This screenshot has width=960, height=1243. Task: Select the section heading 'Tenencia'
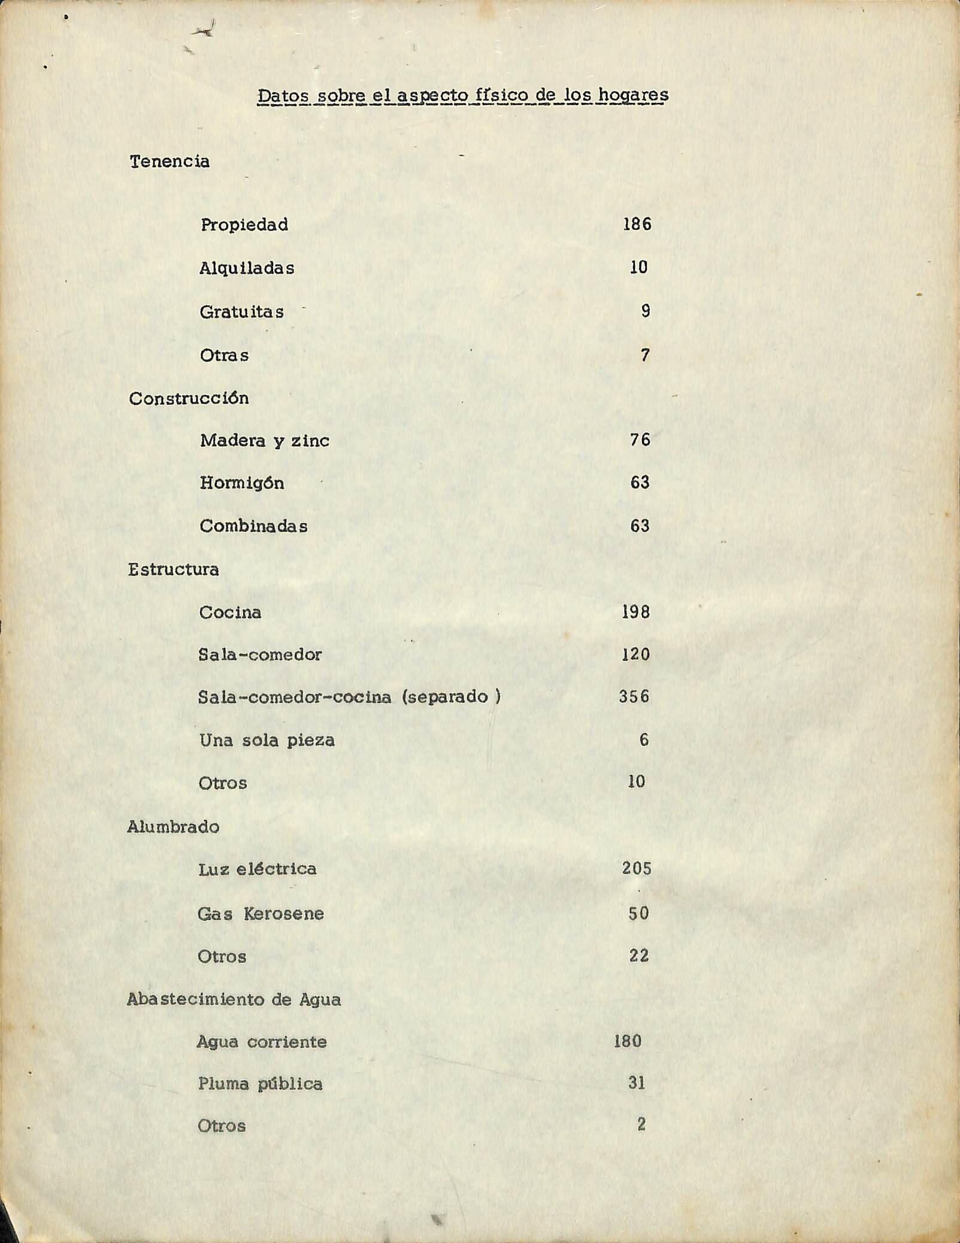click(x=169, y=162)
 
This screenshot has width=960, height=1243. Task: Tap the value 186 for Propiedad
click(x=637, y=225)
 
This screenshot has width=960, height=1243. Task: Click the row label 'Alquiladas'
click(x=247, y=268)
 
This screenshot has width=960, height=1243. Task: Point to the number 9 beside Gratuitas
click(x=645, y=311)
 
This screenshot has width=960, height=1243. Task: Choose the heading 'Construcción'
click(x=189, y=399)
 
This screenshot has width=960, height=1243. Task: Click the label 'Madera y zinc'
click(x=264, y=441)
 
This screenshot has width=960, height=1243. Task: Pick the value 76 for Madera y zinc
click(x=640, y=440)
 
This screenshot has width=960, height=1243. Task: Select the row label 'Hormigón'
click(x=242, y=483)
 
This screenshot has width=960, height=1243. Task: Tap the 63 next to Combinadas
click(x=640, y=526)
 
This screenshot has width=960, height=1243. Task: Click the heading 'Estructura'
click(x=173, y=569)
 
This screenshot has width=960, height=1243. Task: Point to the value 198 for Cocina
click(x=635, y=613)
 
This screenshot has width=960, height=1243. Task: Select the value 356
click(x=634, y=697)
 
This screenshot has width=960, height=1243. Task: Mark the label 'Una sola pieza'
click(x=267, y=741)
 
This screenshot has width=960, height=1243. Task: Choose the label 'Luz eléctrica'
click(x=257, y=869)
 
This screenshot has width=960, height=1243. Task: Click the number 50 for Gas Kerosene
click(x=638, y=914)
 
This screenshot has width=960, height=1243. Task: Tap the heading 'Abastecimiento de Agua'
click(x=234, y=1000)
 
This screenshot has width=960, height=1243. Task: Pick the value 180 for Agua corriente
click(x=628, y=1041)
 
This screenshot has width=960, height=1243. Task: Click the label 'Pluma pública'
click(x=260, y=1084)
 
